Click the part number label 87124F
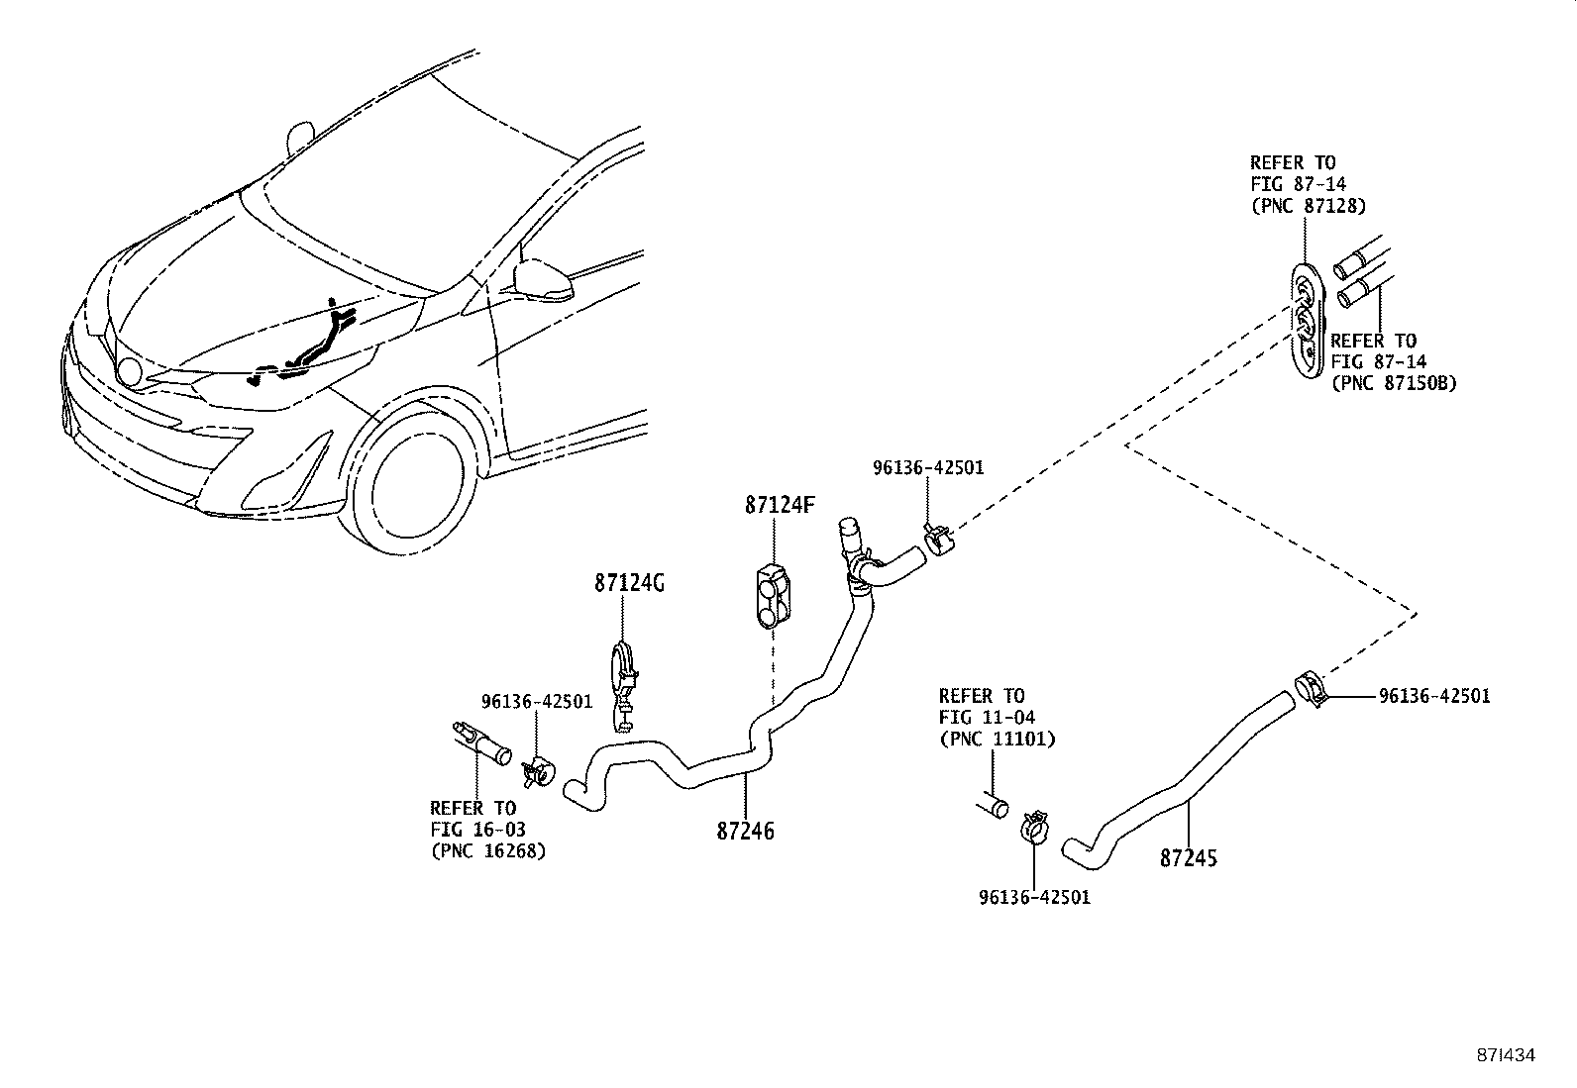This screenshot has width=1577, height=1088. click(x=780, y=505)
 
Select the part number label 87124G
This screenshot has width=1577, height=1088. click(x=629, y=584)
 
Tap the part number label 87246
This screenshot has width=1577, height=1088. click(x=745, y=832)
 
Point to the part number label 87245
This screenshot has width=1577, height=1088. click(x=1189, y=858)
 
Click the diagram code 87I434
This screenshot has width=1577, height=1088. click(x=1504, y=1055)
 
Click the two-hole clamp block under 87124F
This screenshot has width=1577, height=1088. click(x=774, y=597)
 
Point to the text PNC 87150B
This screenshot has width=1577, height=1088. click(x=1394, y=384)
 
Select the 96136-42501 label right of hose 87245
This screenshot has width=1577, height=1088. click(x=1433, y=696)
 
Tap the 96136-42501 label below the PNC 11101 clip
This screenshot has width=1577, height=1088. click(x=1034, y=898)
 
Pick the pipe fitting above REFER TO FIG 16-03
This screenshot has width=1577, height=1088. click(x=481, y=745)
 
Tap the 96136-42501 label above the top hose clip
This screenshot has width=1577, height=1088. click(x=928, y=467)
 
